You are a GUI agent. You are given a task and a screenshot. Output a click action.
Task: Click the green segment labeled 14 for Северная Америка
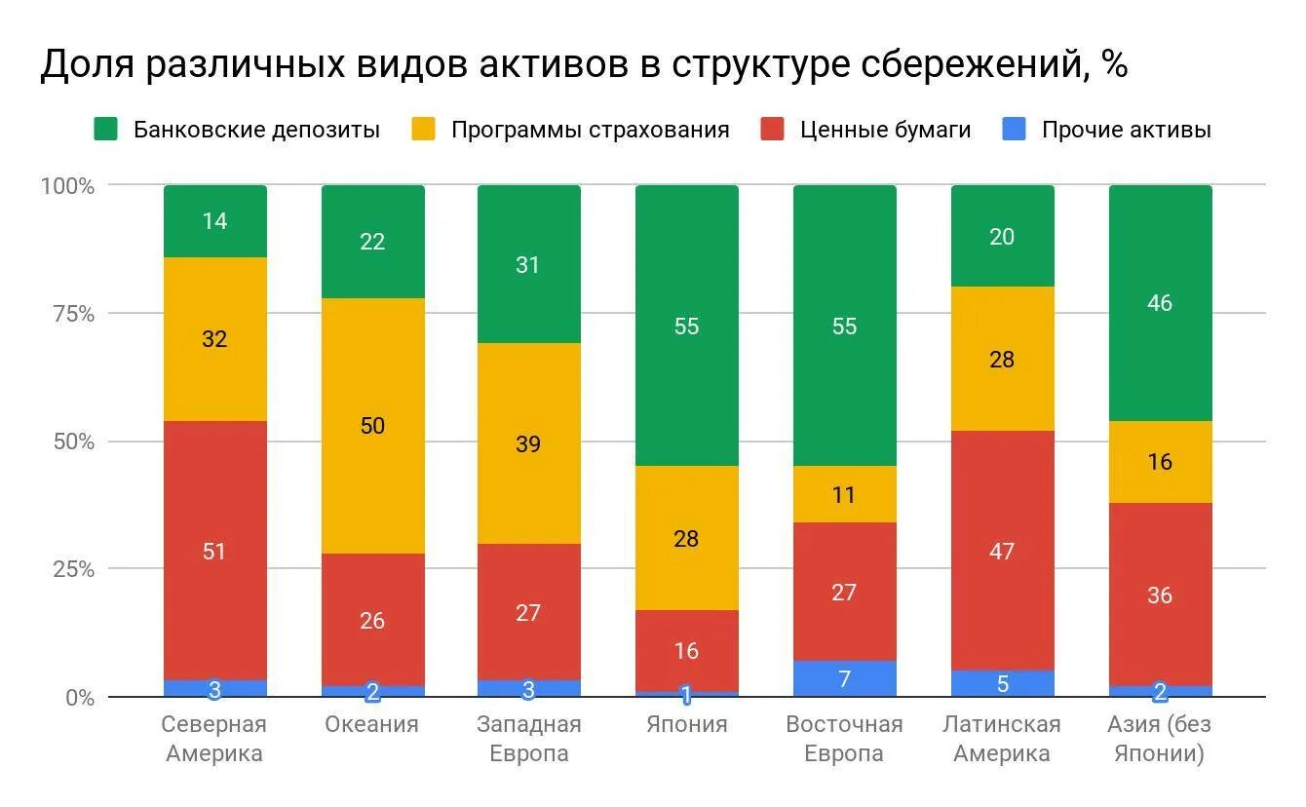(215, 221)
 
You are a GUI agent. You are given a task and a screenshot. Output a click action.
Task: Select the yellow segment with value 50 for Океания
(373, 426)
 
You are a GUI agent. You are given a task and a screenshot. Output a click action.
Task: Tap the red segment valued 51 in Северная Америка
(215, 551)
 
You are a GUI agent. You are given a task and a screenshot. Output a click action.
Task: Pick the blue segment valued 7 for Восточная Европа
(845, 679)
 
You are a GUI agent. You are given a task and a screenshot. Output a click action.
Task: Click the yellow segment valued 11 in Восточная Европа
(845, 494)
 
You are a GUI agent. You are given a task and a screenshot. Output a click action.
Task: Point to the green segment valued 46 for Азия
(1160, 303)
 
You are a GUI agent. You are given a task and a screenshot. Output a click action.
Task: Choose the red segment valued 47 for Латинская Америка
(1002, 551)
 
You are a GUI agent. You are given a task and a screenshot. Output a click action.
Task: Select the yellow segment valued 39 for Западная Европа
(529, 443)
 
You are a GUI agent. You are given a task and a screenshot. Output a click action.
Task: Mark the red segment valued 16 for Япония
(687, 650)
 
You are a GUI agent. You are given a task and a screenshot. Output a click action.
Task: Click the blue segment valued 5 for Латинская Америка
(1002, 684)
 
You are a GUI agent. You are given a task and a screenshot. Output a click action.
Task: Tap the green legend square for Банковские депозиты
(106, 130)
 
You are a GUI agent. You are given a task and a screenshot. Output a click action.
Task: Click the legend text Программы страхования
(590, 130)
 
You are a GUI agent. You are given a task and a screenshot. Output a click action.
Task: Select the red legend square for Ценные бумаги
(773, 130)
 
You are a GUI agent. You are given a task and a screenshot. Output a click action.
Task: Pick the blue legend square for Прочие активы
(1014, 130)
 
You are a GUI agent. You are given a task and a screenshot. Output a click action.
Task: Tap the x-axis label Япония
(687, 724)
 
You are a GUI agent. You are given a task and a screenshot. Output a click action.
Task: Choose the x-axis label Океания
(372, 724)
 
